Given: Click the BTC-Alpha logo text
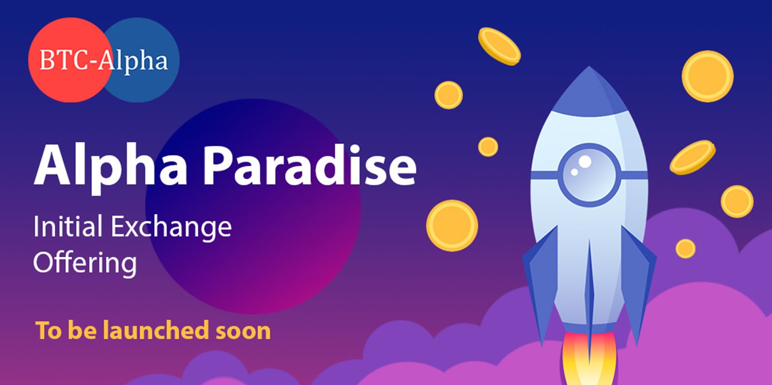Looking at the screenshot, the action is point(104,61).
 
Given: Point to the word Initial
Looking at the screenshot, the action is point(68,226).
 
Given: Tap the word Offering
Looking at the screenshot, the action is point(85,264).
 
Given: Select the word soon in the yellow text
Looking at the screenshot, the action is point(243,331).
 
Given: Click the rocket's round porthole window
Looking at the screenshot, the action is point(589,175).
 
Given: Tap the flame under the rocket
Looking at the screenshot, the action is point(589,359).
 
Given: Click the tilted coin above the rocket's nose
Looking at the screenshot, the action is point(499,46).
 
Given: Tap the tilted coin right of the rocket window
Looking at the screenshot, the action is point(692,157).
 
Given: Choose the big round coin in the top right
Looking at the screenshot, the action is point(707,76).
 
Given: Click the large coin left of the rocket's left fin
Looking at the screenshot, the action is point(452,226).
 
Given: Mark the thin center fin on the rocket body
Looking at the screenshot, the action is point(589,297).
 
